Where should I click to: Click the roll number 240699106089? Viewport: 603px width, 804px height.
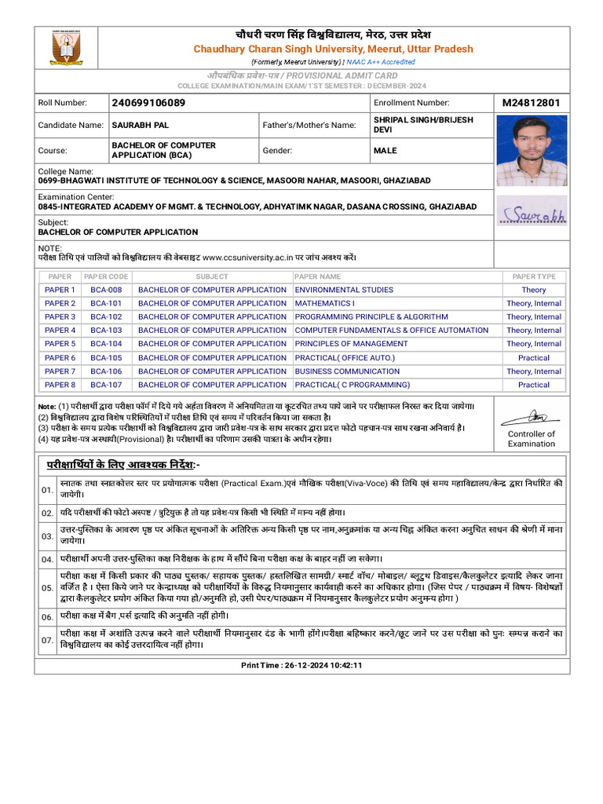point(149,103)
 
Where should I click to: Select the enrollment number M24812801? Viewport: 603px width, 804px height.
point(531,103)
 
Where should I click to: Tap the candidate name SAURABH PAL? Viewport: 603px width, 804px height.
point(141,125)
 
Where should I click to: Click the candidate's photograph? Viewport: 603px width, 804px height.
point(532,151)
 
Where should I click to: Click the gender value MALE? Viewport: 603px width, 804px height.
point(386,150)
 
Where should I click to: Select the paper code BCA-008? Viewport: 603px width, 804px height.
point(106,290)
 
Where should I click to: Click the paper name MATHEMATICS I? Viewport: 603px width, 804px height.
point(324,303)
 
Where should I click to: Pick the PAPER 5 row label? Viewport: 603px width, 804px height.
point(60,344)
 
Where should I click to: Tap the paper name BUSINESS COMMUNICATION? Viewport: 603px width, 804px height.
point(347,371)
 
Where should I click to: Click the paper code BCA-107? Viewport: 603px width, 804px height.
point(106,385)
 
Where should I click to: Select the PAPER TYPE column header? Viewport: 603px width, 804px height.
point(534,276)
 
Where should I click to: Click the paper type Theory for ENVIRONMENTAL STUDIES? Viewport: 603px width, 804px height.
point(534,290)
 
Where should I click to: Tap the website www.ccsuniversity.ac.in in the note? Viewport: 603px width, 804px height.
point(248,257)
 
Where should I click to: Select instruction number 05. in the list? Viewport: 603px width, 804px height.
point(47,588)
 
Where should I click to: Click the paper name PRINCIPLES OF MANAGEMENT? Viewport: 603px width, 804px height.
point(351,344)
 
